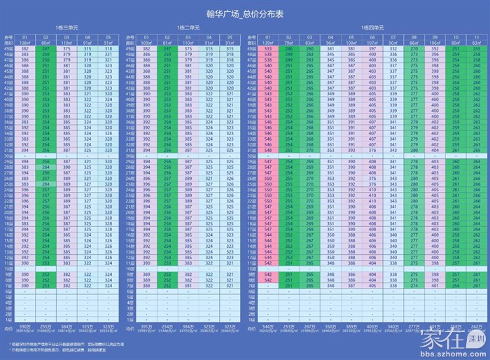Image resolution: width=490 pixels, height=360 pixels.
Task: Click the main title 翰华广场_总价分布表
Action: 245,13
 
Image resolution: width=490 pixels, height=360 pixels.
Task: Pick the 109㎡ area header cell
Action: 147,43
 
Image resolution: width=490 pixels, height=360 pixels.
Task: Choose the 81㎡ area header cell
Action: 169,43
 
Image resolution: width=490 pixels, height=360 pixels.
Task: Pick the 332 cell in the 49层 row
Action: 393,49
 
